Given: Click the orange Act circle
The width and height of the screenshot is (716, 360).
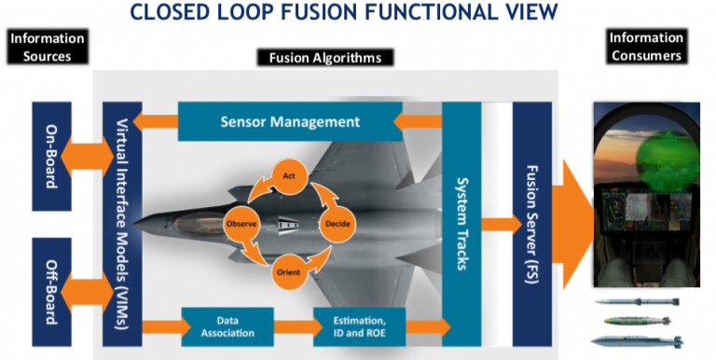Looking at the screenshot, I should tap(289, 175).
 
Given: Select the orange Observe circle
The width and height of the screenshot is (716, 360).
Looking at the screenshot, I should tap(241, 225).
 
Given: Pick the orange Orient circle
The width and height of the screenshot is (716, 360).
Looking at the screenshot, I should tap(288, 272).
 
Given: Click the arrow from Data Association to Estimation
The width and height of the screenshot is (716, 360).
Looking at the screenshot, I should tap(295, 326).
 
